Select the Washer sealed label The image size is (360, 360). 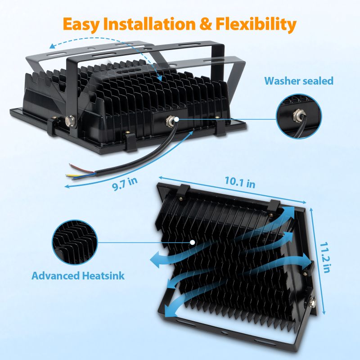299,81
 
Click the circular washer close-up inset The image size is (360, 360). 299,116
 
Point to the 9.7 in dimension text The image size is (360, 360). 125,182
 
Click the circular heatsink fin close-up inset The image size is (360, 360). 74,242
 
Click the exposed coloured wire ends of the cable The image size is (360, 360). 77,171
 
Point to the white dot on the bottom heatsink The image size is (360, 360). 193,242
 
